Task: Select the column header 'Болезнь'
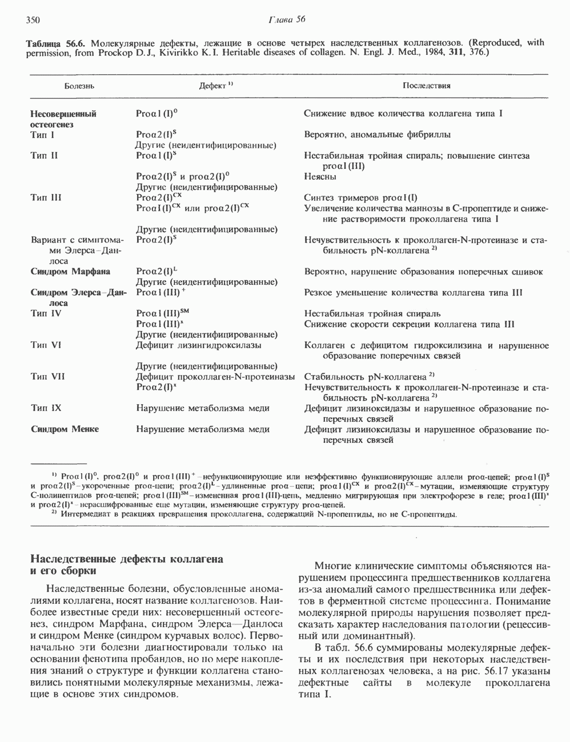tap(79, 86)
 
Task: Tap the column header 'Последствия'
tap(426, 86)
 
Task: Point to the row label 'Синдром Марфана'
tap(70, 272)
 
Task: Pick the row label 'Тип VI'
tap(46, 345)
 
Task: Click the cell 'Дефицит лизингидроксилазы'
tap(199, 345)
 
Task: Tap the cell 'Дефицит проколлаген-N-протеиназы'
tap(215, 377)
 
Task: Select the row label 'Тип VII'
tap(47, 377)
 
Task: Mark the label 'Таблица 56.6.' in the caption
tap(56, 43)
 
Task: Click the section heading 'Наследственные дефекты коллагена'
tap(126, 559)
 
